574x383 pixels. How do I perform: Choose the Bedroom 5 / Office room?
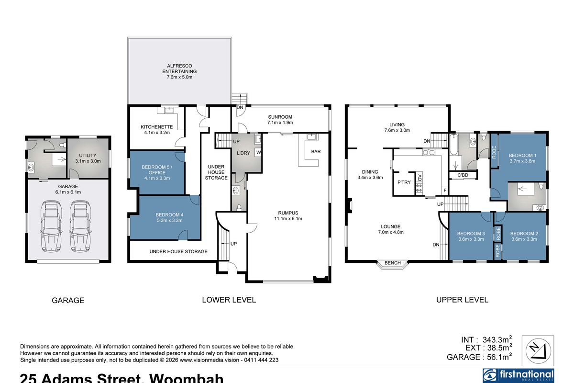click(156, 172)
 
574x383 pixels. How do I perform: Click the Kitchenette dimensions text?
click(155, 133)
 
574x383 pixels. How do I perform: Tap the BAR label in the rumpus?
click(316, 152)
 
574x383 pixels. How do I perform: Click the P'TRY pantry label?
click(404, 182)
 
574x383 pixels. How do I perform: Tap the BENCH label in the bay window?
click(392, 263)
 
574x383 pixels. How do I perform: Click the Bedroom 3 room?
click(471, 237)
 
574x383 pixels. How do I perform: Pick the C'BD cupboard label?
click(463, 175)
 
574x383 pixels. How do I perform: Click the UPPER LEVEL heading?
click(462, 300)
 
